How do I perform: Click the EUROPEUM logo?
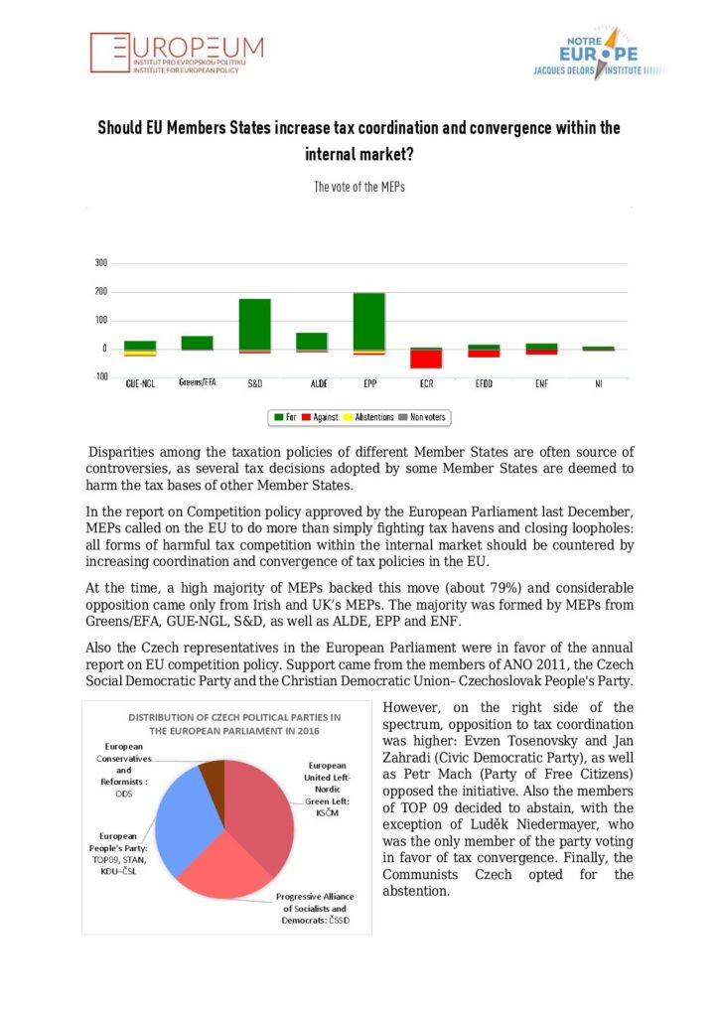pyautogui.click(x=177, y=53)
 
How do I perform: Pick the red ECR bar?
pyautogui.click(x=427, y=359)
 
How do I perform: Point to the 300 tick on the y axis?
pyautogui.click(x=100, y=264)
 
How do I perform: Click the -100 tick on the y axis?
pyautogui.click(x=99, y=377)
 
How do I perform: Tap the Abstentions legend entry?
pyautogui.click(x=371, y=417)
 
